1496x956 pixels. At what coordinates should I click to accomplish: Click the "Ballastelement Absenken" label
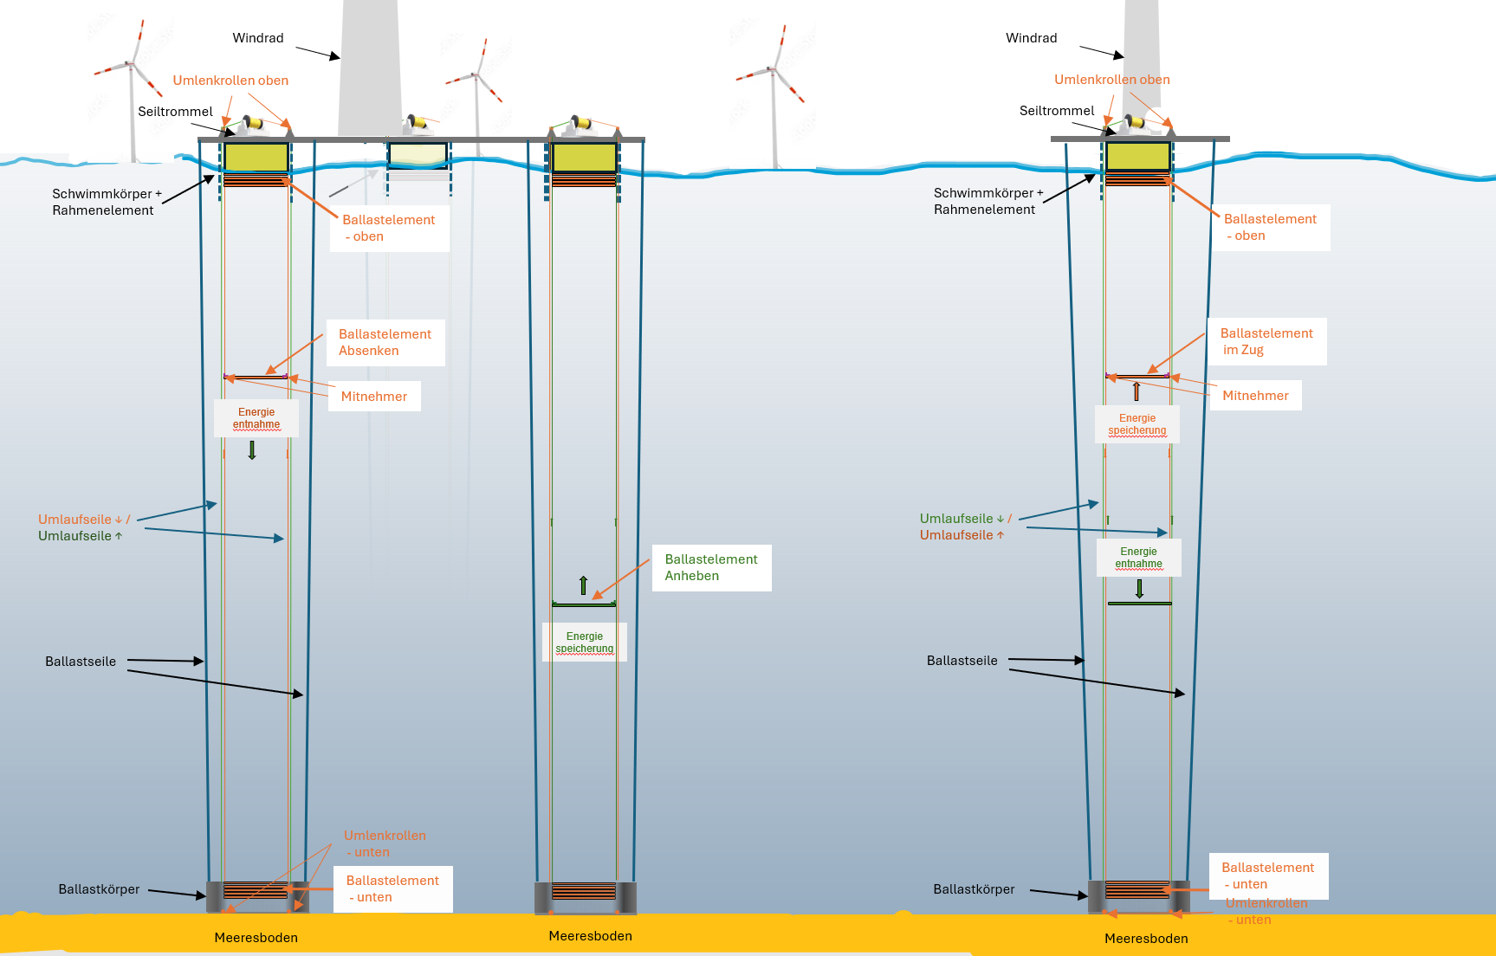click(x=385, y=342)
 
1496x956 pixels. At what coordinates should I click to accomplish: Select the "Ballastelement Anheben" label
click(x=711, y=567)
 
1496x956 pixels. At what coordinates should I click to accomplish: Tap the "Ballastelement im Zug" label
click(x=1266, y=341)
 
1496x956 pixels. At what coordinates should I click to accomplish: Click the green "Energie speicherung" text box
click(x=585, y=643)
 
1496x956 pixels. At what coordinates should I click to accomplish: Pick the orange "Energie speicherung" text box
click(x=1137, y=424)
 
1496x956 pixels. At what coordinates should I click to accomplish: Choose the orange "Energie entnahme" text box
click(x=256, y=418)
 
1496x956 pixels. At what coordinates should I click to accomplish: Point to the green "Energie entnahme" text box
click(x=1138, y=558)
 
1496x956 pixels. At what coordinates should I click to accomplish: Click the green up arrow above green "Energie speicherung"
click(x=583, y=585)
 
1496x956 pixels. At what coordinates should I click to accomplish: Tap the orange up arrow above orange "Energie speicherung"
click(x=1137, y=391)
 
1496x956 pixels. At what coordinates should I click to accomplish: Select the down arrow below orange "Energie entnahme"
click(x=252, y=449)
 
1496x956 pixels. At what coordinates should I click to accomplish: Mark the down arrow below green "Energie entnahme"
click(x=1139, y=589)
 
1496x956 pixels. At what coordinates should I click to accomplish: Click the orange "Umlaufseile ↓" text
click(x=80, y=520)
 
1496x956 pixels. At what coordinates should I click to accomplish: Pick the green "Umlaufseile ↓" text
click(x=962, y=519)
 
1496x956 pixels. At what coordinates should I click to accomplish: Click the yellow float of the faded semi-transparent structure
click(x=418, y=155)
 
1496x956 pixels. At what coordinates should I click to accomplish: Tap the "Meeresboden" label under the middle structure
click(x=590, y=936)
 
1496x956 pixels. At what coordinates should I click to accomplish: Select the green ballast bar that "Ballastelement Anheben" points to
click(x=584, y=604)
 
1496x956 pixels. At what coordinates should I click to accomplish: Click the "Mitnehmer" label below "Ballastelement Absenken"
click(x=373, y=397)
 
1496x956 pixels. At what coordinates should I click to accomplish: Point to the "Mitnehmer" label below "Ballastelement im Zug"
click(x=1255, y=396)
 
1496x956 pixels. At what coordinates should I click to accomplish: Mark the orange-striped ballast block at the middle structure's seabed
click(x=584, y=891)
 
